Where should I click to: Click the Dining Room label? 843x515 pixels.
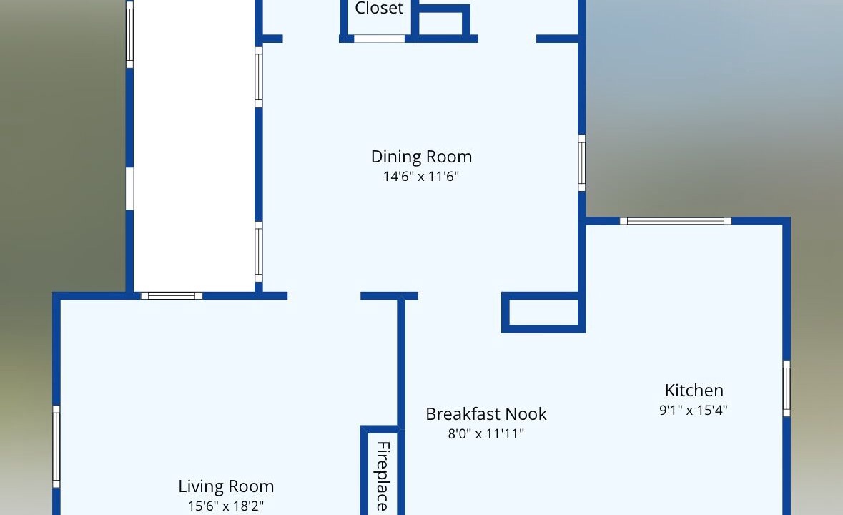pyautogui.click(x=422, y=157)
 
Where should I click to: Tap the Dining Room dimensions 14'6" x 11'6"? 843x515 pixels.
pyautogui.click(x=421, y=177)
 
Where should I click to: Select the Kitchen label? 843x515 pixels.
pyautogui.click(x=694, y=391)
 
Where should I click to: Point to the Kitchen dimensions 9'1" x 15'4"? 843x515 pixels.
pyautogui.click(x=694, y=410)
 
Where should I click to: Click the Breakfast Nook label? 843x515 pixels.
pyautogui.click(x=486, y=414)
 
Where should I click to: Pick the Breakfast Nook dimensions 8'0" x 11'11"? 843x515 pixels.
pyautogui.click(x=486, y=434)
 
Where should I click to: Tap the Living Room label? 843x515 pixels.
pyautogui.click(x=227, y=486)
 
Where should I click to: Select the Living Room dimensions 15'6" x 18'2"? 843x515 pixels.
pyautogui.click(x=226, y=506)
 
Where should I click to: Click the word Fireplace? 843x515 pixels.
pyautogui.click(x=383, y=476)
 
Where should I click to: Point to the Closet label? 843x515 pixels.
pyautogui.click(x=379, y=8)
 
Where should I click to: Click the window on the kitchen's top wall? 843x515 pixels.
pyautogui.click(x=675, y=221)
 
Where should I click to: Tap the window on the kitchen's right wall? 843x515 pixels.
pyautogui.click(x=787, y=388)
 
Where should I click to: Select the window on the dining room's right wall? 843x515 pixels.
pyautogui.click(x=582, y=163)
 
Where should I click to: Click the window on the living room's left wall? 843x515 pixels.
pyautogui.click(x=56, y=447)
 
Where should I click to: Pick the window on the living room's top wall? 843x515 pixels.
pyautogui.click(x=172, y=295)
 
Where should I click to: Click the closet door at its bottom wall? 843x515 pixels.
pyautogui.click(x=379, y=39)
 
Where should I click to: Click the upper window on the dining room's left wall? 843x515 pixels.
pyautogui.click(x=259, y=77)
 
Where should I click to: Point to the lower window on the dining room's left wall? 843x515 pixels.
pyautogui.click(x=259, y=252)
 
